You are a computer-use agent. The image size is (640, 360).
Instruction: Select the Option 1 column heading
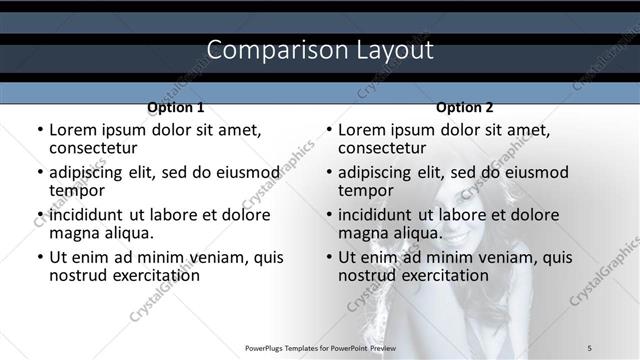[175, 107]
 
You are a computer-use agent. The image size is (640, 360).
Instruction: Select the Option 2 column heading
[464, 107]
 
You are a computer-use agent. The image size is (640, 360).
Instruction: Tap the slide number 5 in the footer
[590, 347]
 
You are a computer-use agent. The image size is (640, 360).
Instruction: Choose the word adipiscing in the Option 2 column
[377, 171]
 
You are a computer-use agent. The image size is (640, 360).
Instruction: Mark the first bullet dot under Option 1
[40, 130]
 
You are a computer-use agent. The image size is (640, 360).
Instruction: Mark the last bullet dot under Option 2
[329, 257]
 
